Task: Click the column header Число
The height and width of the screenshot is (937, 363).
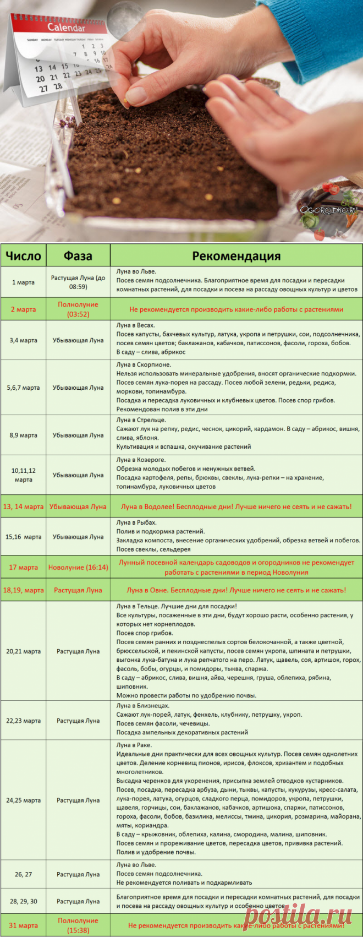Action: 23,255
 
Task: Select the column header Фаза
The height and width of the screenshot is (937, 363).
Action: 78,255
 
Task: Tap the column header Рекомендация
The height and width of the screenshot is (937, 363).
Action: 236,255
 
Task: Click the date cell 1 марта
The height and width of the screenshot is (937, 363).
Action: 23,282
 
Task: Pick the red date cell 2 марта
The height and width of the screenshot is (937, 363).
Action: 23,309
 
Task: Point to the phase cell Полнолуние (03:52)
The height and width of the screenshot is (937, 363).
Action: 78,309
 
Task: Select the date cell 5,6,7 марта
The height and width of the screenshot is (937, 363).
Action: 23,388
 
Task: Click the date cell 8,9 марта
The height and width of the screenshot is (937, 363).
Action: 23,435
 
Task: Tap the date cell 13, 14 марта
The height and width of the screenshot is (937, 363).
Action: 23,506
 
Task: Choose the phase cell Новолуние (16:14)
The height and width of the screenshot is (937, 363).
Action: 78,567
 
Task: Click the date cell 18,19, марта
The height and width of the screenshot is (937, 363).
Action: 23,590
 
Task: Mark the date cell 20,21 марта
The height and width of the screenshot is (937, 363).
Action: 23,651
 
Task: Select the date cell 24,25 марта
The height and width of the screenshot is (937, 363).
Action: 23,800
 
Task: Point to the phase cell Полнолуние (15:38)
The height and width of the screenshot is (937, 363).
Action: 78,925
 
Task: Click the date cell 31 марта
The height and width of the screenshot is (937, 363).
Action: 23,925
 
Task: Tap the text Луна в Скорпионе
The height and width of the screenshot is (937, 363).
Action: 144,364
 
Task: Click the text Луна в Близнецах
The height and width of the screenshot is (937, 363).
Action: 143,706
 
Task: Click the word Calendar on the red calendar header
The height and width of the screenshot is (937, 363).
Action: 66,28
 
